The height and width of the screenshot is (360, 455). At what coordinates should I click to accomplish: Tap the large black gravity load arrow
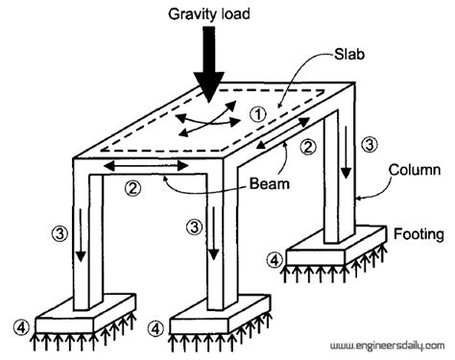pyautogui.click(x=208, y=66)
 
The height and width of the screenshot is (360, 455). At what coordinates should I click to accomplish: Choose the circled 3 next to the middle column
pyautogui.click(x=196, y=228)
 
